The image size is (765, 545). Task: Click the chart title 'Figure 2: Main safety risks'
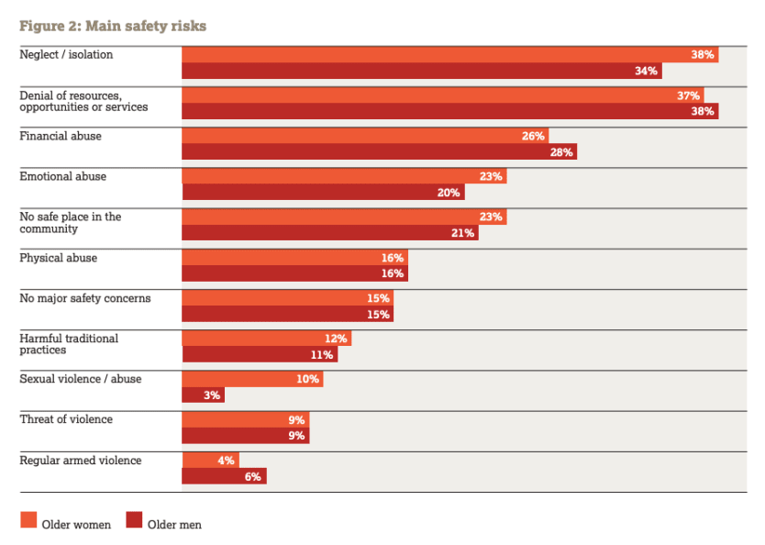(x=113, y=26)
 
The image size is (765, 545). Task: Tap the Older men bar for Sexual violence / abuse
(x=203, y=395)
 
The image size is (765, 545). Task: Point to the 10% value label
(x=307, y=379)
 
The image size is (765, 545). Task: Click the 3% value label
(x=212, y=395)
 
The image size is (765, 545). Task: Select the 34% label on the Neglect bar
(x=648, y=72)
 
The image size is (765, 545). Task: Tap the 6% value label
(x=253, y=476)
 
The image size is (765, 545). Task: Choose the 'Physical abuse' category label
(x=59, y=258)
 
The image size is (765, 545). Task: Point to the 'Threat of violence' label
(x=66, y=419)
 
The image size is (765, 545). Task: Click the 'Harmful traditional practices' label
(x=69, y=344)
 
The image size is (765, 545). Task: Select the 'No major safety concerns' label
(x=85, y=298)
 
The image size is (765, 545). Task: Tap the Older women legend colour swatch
(x=28, y=521)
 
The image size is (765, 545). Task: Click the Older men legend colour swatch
(x=133, y=521)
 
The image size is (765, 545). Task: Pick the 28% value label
(x=561, y=152)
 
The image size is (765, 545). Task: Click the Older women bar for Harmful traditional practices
(x=266, y=339)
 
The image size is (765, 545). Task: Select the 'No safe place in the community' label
(x=71, y=222)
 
